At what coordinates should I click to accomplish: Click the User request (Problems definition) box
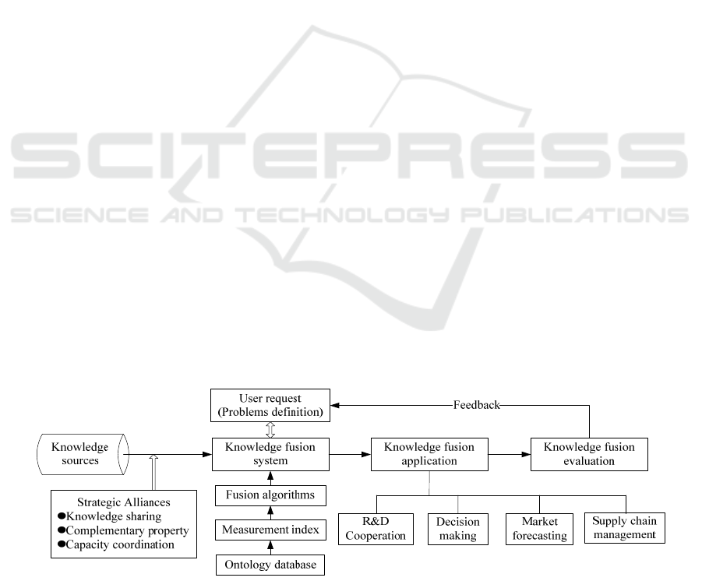[x=270, y=405]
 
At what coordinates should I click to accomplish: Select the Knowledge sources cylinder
[x=83, y=454]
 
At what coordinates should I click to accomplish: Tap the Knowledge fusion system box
[x=270, y=454]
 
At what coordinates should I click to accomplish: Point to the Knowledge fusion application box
[x=429, y=454]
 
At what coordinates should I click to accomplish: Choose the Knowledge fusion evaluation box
[x=589, y=454]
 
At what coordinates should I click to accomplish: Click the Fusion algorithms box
[x=270, y=495]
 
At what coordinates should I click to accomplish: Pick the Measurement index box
[x=270, y=530]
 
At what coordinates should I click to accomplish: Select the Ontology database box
[x=270, y=565]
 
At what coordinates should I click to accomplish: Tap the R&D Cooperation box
[x=376, y=529]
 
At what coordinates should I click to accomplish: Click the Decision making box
[x=458, y=529]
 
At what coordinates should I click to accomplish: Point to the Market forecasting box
[x=539, y=529]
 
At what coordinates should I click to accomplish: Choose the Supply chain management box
[x=625, y=528]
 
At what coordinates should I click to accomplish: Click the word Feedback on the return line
[x=476, y=405]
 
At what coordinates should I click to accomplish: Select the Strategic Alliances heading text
[x=124, y=502]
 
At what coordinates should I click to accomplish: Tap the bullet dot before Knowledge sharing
[x=62, y=516]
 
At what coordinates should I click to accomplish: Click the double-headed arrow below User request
[x=270, y=430]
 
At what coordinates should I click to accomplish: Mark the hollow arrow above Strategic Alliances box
[x=153, y=472]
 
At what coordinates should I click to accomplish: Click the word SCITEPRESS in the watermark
[x=349, y=156]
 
